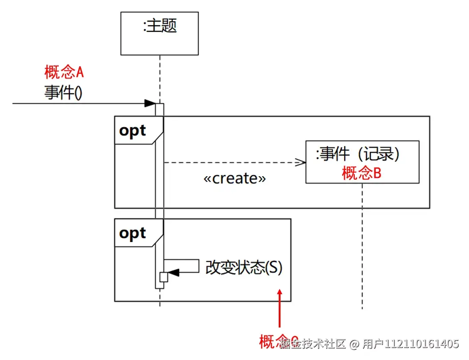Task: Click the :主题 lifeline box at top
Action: [160, 33]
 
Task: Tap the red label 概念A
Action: [64, 72]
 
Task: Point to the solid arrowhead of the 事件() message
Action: [150, 104]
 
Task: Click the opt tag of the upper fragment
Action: [133, 131]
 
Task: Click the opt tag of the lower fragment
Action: [133, 233]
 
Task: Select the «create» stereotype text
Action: [234, 178]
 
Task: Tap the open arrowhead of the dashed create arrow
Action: [301, 163]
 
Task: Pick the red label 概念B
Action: [361, 174]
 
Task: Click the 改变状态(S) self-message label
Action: [244, 268]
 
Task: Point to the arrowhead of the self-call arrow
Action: [173, 273]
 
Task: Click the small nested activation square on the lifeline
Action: [164, 277]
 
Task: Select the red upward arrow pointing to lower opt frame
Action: [280, 311]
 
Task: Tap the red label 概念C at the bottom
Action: [271, 342]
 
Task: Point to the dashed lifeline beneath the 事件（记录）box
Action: [362, 245]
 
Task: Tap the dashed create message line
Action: [231, 163]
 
